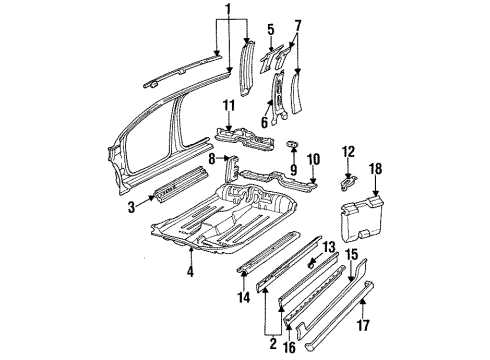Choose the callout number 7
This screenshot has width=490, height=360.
(297, 24)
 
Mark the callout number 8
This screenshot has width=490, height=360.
(213, 158)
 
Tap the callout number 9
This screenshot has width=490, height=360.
(293, 157)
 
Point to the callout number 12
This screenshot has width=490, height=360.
(348, 151)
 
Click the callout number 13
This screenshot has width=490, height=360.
(329, 245)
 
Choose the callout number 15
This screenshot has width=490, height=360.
(351, 255)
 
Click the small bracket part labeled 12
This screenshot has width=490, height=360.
(348, 181)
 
